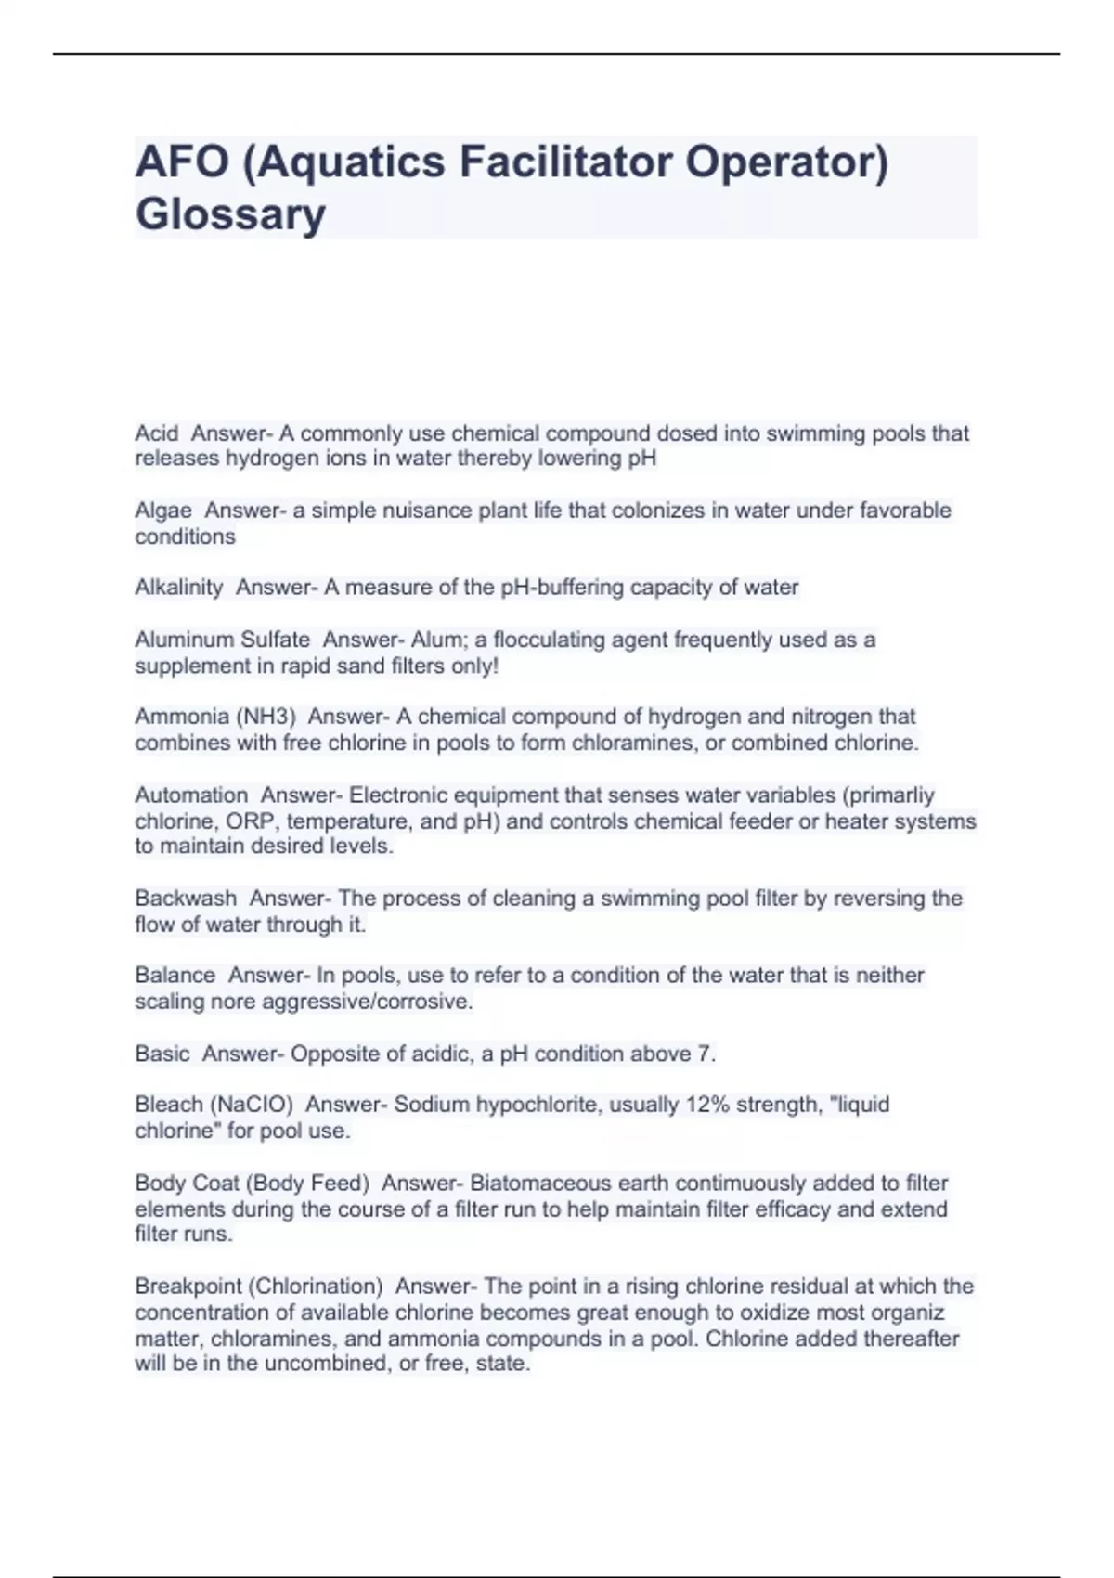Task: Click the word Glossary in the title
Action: point(230,214)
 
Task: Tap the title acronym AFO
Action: point(182,162)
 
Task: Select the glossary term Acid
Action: point(156,433)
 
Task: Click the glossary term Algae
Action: point(163,511)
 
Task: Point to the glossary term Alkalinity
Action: point(179,588)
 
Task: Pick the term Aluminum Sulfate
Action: point(223,640)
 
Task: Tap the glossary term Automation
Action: point(191,795)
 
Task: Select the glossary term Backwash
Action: point(186,899)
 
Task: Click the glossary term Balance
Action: point(175,976)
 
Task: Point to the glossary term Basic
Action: point(162,1054)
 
